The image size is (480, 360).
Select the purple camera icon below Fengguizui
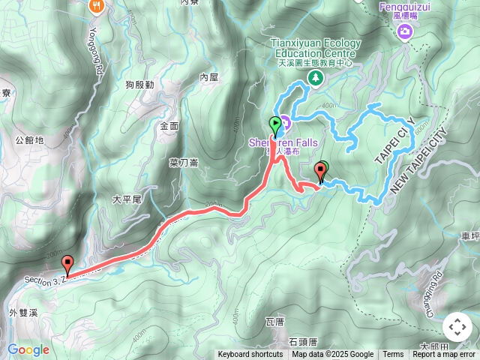[x=405, y=31]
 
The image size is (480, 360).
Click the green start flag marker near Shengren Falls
[x=274, y=124]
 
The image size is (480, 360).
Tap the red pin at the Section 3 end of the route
[x=68, y=265]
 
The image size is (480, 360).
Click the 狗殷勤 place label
[x=140, y=85]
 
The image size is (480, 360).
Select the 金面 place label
[x=169, y=127]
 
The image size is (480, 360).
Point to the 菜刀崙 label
[x=183, y=162]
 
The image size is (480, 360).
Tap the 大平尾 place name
[x=126, y=199]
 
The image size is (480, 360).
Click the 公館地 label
[x=29, y=139]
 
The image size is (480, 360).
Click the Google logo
[x=28, y=349]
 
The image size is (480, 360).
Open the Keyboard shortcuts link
[x=250, y=355]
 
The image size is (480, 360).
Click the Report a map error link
[x=444, y=355]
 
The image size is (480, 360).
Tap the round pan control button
[x=457, y=327]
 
